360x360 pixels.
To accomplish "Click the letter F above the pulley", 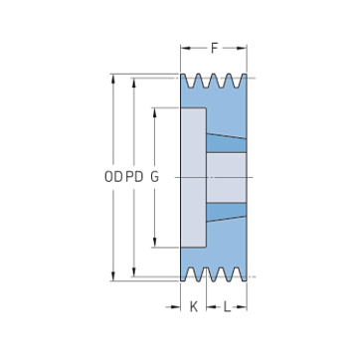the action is pyautogui.click(x=215, y=49).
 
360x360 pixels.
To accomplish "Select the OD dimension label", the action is pyautogui.click(x=113, y=177).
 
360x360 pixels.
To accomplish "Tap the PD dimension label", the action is pyautogui.click(x=134, y=177).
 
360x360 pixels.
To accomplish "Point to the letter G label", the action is pyautogui.click(x=154, y=177).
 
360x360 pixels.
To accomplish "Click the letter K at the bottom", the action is pyautogui.click(x=194, y=307).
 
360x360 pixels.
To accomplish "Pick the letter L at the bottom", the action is pyautogui.click(x=227, y=307).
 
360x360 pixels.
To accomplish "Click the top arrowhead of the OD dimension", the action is pyautogui.click(x=113, y=79).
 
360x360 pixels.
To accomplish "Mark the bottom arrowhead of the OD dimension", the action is pyautogui.click(x=113, y=276).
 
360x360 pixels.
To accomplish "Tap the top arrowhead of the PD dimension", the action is pyautogui.click(x=134, y=83).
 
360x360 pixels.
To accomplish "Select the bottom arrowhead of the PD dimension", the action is pyautogui.click(x=134, y=271).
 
